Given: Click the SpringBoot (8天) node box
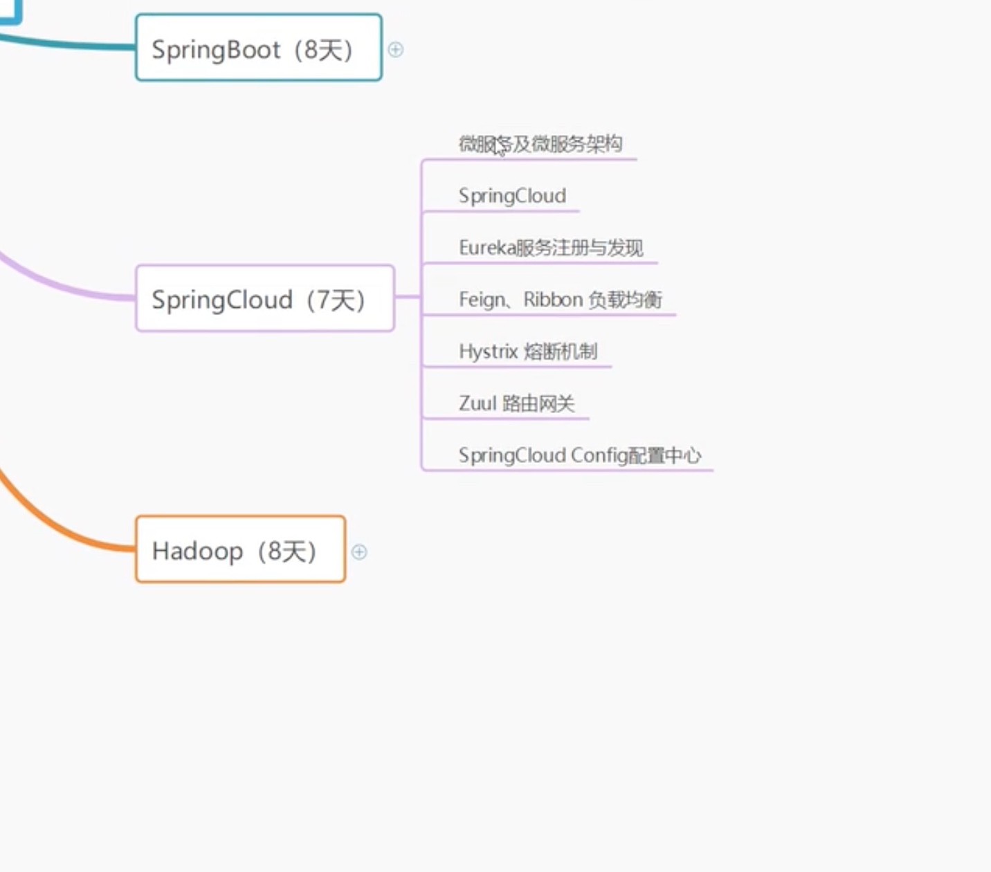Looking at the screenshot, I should coord(258,48).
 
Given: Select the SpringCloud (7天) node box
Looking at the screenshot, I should coord(265,298).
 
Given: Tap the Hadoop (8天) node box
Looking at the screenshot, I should coord(240,549).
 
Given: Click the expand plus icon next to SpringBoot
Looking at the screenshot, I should coord(396,50).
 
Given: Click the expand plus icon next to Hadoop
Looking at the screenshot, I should coord(359,552).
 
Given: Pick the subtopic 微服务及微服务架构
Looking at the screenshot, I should coord(540,144).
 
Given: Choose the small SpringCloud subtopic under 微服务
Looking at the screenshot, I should coord(512,196).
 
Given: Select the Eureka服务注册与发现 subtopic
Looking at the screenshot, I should coord(551,248).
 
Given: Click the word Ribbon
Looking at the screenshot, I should coord(553,300).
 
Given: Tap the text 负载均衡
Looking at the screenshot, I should coord(625,300).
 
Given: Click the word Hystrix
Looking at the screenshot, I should coord(488,352).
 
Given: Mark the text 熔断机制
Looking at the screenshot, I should coord(561,352).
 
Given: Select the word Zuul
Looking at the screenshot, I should coord(478,403).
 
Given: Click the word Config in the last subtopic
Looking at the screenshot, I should coord(599,455).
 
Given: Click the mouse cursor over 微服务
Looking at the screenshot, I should coord(500,147).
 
